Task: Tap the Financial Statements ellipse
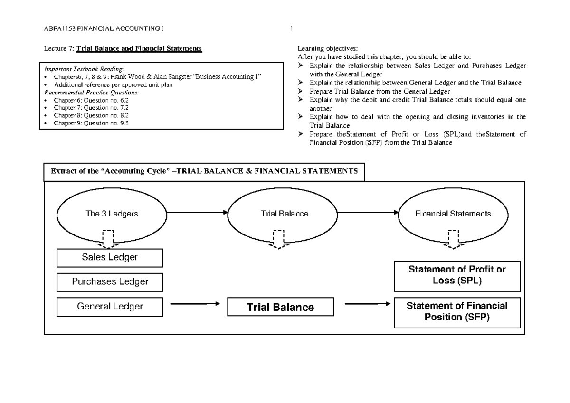[x=453, y=214]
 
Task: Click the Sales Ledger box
[x=110, y=258]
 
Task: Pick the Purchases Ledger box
[x=110, y=281]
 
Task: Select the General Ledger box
[x=110, y=307]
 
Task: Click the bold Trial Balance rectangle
[x=280, y=307]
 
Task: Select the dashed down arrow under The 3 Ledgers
[x=109, y=239]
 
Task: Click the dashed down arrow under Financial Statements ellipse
[x=453, y=239]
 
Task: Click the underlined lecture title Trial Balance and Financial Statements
[x=139, y=48]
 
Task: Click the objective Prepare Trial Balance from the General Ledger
[x=380, y=91]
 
